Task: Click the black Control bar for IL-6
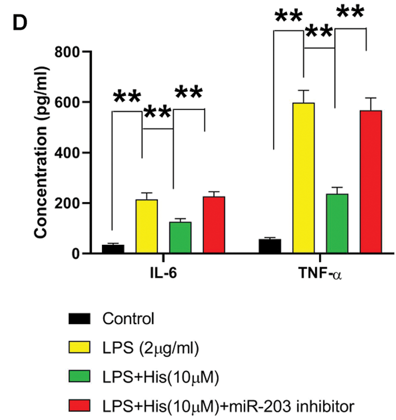point(112,249)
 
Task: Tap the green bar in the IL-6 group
point(180,238)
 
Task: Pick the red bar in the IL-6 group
point(214,225)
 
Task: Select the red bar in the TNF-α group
point(370,182)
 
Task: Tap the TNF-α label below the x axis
point(320,275)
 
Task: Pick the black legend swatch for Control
point(80,319)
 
